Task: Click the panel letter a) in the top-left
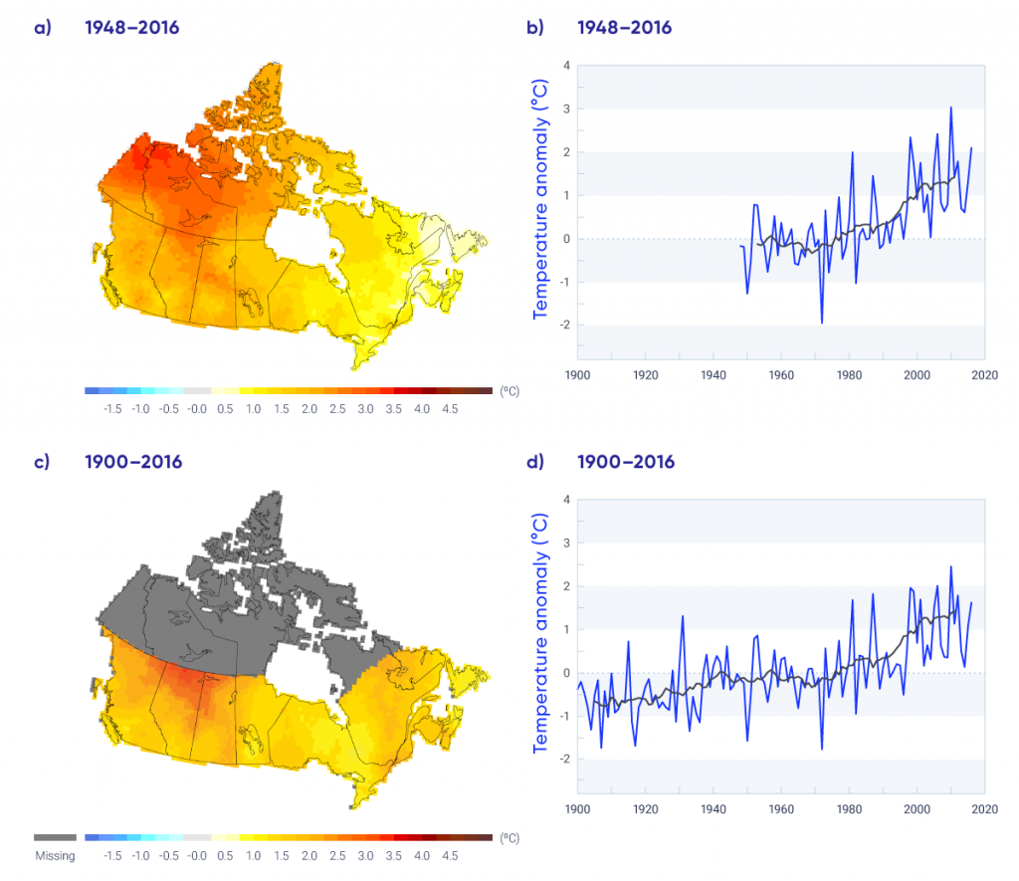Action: [42, 28]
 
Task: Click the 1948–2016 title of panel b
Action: [624, 28]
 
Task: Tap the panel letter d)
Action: [535, 462]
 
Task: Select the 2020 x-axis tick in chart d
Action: [984, 809]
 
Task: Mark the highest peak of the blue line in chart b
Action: [950, 108]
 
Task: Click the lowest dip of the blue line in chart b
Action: [822, 323]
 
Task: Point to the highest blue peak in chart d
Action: [950, 566]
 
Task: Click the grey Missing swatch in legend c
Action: [55, 838]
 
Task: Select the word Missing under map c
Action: [55, 855]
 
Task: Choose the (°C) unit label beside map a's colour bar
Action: [509, 392]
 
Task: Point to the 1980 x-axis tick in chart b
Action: [849, 375]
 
